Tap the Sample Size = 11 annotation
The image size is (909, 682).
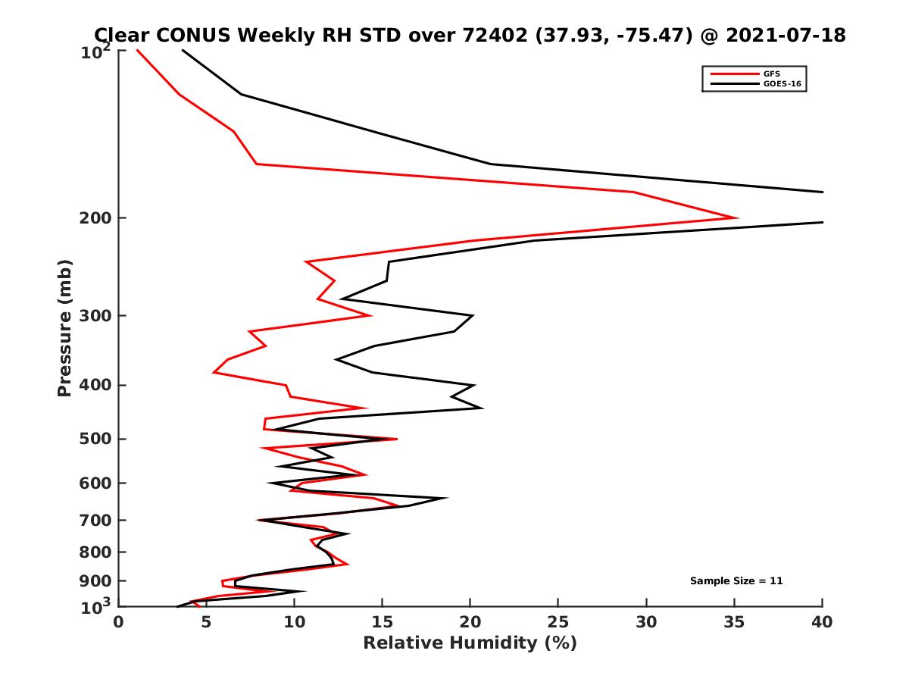coord(736,581)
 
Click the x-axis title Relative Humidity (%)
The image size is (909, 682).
coord(470,643)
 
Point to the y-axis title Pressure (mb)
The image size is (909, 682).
coord(64,327)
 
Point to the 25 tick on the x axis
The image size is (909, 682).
coord(558,622)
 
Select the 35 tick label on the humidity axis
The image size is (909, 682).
coord(734,622)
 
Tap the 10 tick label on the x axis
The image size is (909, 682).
coord(294,622)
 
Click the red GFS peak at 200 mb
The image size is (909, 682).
coord(737,218)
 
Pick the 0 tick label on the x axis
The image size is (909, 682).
coord(118,622)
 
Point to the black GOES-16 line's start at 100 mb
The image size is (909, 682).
coord(183,50)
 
